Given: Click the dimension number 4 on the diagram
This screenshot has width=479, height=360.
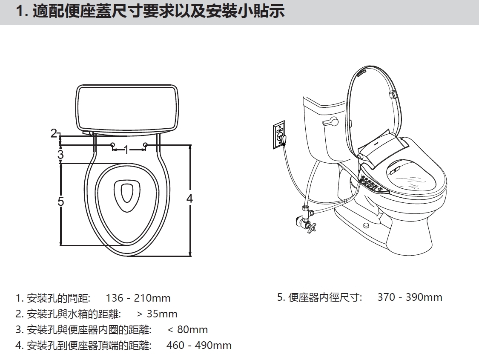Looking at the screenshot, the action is (190, 199).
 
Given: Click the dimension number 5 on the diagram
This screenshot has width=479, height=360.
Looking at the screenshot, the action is (61, 202).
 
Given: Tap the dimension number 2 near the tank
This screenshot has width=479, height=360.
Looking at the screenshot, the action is (54, 133).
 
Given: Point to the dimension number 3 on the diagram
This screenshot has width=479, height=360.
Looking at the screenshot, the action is (60, 154).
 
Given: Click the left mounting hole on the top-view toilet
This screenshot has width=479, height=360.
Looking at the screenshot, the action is (113, 144).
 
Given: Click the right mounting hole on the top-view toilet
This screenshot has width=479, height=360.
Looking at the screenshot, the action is (145, 144).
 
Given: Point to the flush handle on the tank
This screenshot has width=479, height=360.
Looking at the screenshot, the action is (330, 123).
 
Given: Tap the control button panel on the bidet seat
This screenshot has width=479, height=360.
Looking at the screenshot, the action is (370, 184).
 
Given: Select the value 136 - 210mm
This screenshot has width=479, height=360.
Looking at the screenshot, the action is (138, 298).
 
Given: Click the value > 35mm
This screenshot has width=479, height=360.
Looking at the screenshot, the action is (157, 314).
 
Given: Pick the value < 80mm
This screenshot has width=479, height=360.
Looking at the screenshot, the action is (188, 329).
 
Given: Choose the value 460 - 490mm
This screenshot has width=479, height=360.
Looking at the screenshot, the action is (199, 345).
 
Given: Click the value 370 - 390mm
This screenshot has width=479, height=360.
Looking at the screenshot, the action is (410, 297).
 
